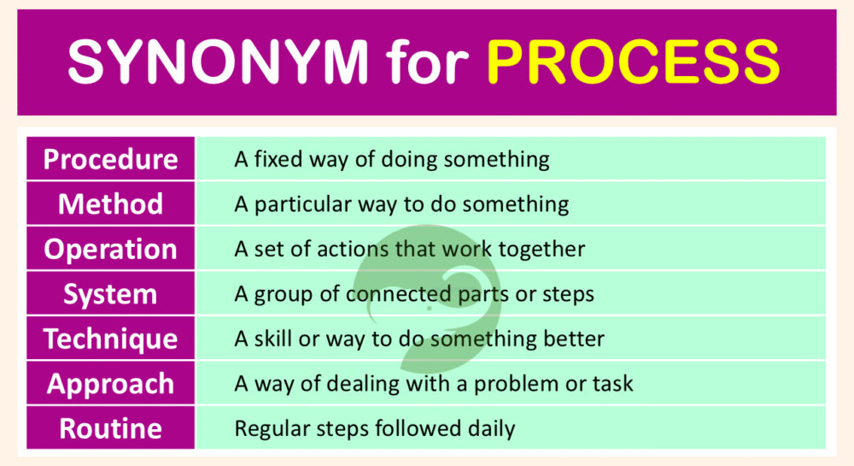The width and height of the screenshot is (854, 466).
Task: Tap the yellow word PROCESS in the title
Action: (633, 62)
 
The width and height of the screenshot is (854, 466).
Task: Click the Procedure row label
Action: (111, 159)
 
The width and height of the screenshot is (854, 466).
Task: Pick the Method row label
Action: (111, 204)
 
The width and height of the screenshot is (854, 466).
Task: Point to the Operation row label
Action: (111, 250)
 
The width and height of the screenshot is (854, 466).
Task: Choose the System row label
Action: (111, 295)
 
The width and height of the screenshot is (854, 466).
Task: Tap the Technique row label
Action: (111, 339)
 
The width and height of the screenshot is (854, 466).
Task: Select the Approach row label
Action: (111, 384)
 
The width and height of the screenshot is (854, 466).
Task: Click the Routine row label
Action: (111, 428)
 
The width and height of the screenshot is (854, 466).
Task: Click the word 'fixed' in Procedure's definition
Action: (276, 159)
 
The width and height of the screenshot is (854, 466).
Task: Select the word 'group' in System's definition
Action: (282, 295)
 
